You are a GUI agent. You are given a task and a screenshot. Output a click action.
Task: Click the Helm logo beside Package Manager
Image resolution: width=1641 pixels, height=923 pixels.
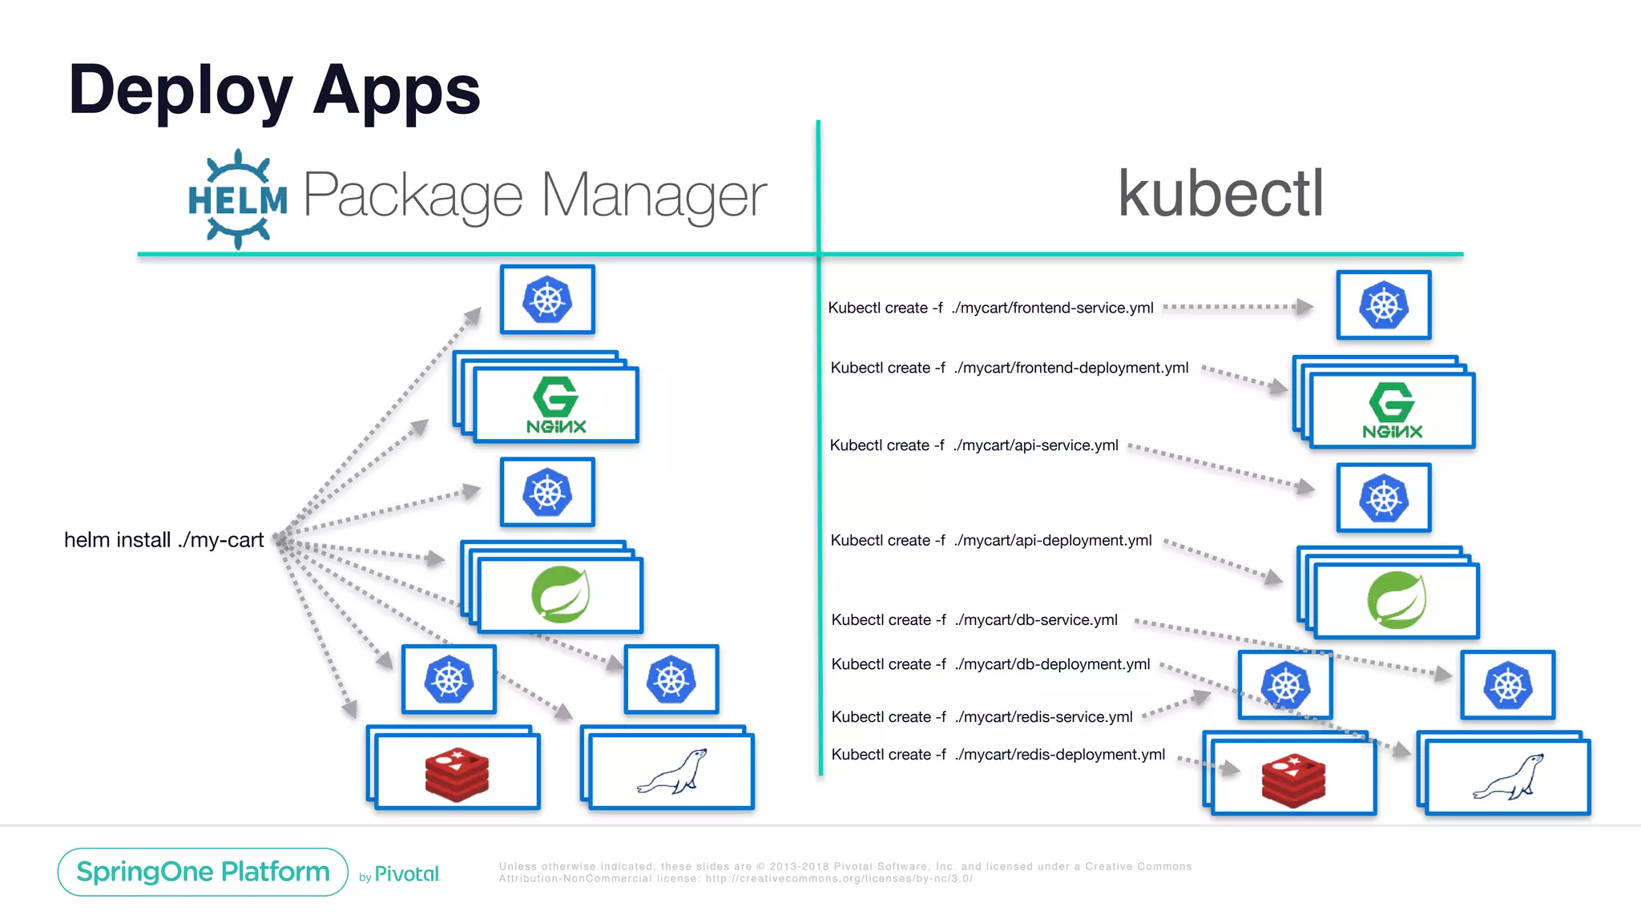[237, 199]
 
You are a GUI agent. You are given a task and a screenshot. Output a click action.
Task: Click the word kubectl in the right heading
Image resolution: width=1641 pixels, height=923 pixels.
[1220, 194]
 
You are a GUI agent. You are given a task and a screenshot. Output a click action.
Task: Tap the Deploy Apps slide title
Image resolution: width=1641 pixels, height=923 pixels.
[274, 90]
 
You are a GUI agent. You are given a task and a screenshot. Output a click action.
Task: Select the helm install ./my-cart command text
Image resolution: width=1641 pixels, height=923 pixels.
[163, 540]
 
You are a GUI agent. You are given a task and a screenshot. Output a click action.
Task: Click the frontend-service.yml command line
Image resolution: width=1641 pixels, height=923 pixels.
[990, 308]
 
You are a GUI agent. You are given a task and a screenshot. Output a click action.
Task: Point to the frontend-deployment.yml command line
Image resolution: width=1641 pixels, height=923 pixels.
[1009, 368]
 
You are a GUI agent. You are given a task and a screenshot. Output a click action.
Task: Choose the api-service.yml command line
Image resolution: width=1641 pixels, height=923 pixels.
[974, 445]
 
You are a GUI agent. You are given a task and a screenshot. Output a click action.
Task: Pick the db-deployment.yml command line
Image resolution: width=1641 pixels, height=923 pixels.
[990, 664]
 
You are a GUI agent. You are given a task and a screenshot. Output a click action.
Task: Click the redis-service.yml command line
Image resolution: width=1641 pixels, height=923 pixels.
[982, 717]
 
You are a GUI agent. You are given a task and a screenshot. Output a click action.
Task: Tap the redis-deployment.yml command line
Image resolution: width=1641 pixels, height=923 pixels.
[998, 755]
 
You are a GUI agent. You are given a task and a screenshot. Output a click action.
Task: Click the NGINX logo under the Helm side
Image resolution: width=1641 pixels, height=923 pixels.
[556, 405]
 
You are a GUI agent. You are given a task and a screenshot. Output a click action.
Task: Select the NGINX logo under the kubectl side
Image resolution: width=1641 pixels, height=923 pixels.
[1392, 410]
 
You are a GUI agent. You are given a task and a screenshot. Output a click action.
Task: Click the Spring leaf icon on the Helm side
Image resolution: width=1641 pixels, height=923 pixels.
[560, 594]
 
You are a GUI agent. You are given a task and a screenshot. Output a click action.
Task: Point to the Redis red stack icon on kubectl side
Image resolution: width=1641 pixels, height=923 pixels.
[1292, 779]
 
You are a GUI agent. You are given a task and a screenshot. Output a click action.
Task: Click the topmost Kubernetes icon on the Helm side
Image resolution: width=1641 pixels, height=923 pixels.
[547, 300]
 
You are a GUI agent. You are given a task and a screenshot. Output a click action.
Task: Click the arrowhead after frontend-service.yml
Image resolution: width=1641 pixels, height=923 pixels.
[1304, 307]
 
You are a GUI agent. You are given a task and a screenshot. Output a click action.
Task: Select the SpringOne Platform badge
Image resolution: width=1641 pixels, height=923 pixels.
[203, 872]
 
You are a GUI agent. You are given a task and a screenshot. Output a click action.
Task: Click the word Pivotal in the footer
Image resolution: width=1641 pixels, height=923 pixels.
[407, 874]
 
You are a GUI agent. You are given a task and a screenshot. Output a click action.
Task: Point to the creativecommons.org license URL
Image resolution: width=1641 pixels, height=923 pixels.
[838, 879]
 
